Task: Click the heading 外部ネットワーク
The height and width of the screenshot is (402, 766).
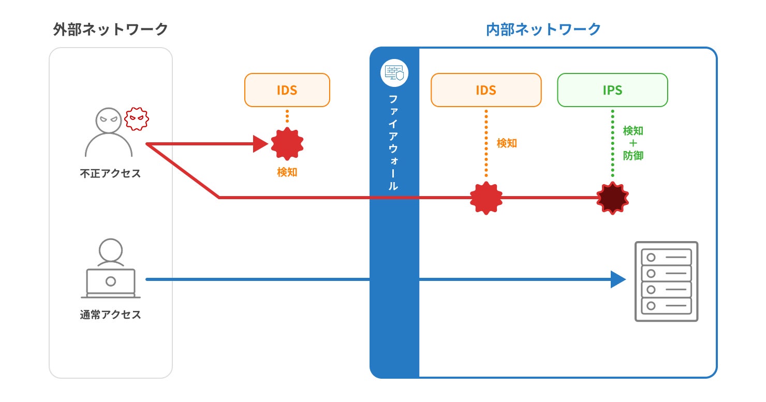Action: pos(111,29)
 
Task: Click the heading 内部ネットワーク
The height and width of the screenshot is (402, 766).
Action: pos(543,29)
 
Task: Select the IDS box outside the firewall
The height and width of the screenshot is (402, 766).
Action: pos(287,90)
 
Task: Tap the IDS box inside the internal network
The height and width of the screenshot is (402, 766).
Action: pos(485,90)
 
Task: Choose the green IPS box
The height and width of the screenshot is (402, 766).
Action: pos(612,90)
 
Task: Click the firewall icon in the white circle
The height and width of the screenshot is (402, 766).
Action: pos(394,73)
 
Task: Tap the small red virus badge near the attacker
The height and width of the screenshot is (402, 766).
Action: pos(137,119)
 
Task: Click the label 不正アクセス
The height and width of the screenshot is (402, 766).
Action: pos(110,173)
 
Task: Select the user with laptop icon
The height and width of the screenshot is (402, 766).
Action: pos(110,269)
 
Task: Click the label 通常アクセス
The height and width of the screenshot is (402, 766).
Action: pos(110,315)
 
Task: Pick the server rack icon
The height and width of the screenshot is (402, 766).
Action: pos(667,281)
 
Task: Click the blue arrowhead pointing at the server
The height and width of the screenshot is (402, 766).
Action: pos(618,279)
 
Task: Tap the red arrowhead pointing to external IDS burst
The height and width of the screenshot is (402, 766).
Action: pos(260,144)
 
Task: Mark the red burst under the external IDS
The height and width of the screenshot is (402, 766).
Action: pos(287,144)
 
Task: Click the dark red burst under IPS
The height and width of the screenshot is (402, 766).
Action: pos(612,198)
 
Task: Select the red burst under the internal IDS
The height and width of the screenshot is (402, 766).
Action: pos(486,198)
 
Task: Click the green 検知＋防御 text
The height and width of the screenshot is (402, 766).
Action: pos(633,143)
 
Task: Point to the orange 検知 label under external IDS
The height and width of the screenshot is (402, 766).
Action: pos(287,172)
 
